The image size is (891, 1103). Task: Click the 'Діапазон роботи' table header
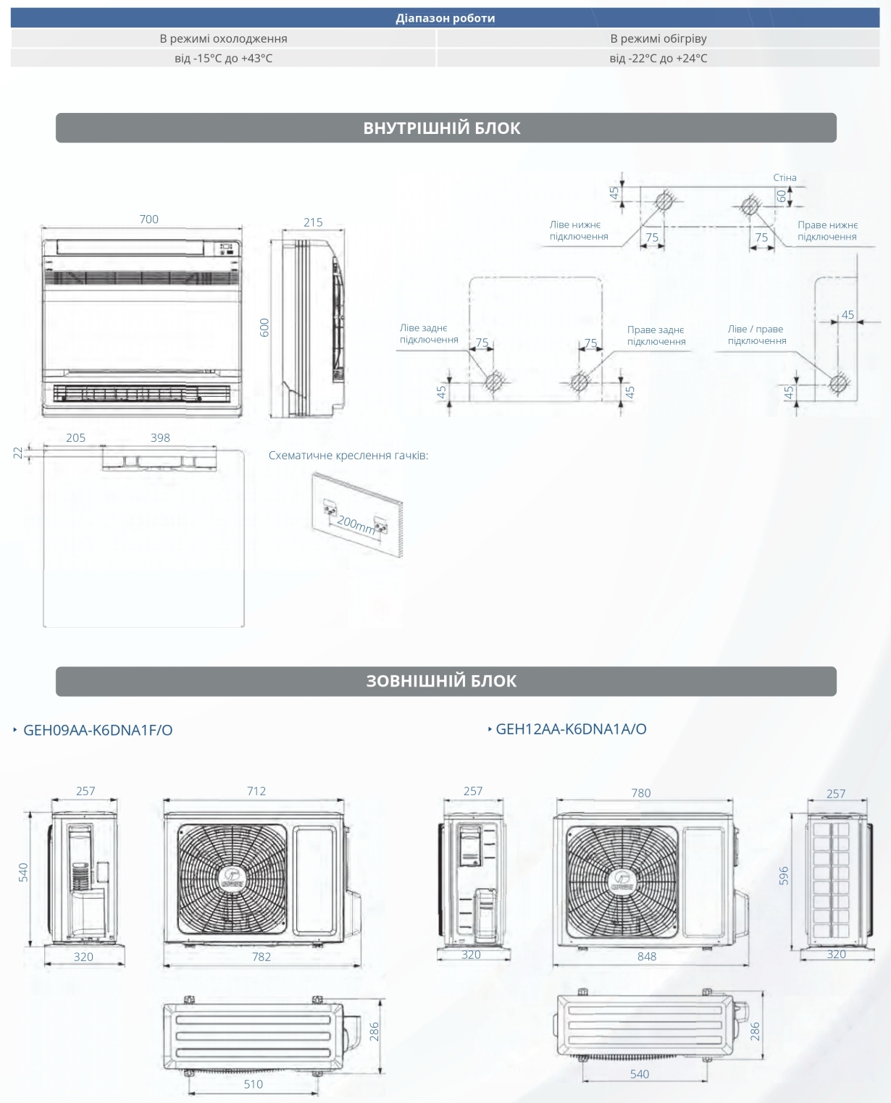[x=445, y=18]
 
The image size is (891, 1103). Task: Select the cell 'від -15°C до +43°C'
[x=223, y=58]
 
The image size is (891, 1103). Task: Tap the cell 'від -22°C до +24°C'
[x=658, y=58]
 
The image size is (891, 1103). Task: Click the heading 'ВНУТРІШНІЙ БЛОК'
[x=441, y=128]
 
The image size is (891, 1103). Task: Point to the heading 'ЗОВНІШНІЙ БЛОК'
[x=441, y=681]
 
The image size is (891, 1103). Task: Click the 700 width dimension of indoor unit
[x=148, y=219]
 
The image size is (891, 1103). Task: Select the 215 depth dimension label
[x=313, y=222]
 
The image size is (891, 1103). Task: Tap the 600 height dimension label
[x=264, y=328]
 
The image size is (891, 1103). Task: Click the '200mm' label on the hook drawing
[x=356, y=525]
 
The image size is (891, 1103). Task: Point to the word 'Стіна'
[x=785, y=177]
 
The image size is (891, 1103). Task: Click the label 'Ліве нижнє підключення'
[x=579, y=230]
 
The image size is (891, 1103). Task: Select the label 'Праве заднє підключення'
[x=656, y=335]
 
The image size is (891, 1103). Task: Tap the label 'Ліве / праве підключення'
[x=757, y=335]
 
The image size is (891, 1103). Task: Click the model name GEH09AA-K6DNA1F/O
[x=98, y=730]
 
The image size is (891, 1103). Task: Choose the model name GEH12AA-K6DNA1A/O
[x=571, y=729]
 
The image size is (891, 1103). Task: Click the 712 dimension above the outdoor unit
[x=256, y=791]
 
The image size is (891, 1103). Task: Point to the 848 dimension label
[x=646, y=957]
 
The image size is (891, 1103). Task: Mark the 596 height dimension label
[x=784, y=876]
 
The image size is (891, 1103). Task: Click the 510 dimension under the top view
[x=254, y=1084]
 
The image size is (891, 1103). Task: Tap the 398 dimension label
[x=160, y=437]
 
